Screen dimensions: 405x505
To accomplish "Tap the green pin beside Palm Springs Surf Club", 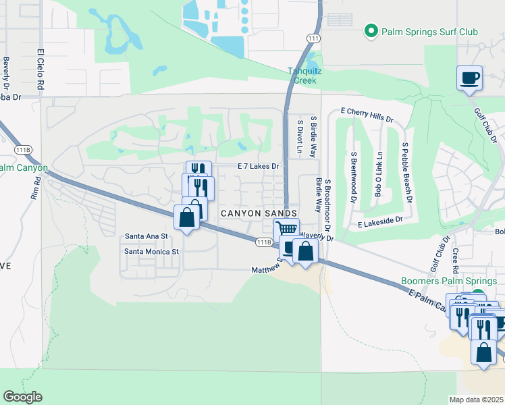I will (x=370, y=31).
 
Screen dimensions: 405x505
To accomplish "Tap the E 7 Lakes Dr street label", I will (x=258, y=166).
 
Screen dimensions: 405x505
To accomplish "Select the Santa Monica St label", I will (x=151, y=252).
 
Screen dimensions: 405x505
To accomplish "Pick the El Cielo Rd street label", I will (x=41, y=69).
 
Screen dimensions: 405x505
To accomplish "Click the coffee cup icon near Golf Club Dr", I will (x=469, y=78).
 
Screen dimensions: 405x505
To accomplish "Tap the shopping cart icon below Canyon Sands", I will (x=286, y=229).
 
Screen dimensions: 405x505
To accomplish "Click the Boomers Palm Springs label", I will (x=450, y=281).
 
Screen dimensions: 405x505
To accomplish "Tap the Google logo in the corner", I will (x=22, y=397).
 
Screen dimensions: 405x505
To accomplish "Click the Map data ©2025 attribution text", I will (x=476, y=400).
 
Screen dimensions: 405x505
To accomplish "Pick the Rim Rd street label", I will (x=38, y=190).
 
